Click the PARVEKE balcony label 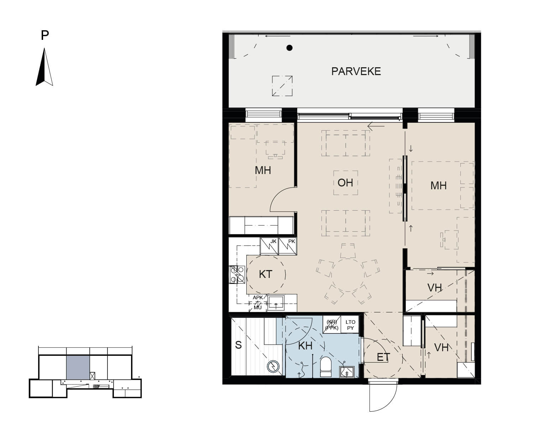pos(356,72)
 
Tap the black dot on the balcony pos(289,48)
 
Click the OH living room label pos(345,183)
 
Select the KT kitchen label pos(266,274)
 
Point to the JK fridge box pos(269,246)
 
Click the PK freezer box pos(288,246)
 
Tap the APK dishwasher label pos(258,297)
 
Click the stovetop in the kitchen pos(237,275)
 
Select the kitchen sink pos(276,303)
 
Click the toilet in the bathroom pos(326,367)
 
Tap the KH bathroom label pos(305,346)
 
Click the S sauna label pos(238,345)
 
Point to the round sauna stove pos(273,367)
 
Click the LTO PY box pos(350,325)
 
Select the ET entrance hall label pos(383,357)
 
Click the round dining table pos(348,275)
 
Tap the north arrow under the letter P pos(44,67)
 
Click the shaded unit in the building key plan pos(78,368)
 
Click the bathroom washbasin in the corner pos(347,372)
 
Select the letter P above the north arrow pos(45,35)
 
